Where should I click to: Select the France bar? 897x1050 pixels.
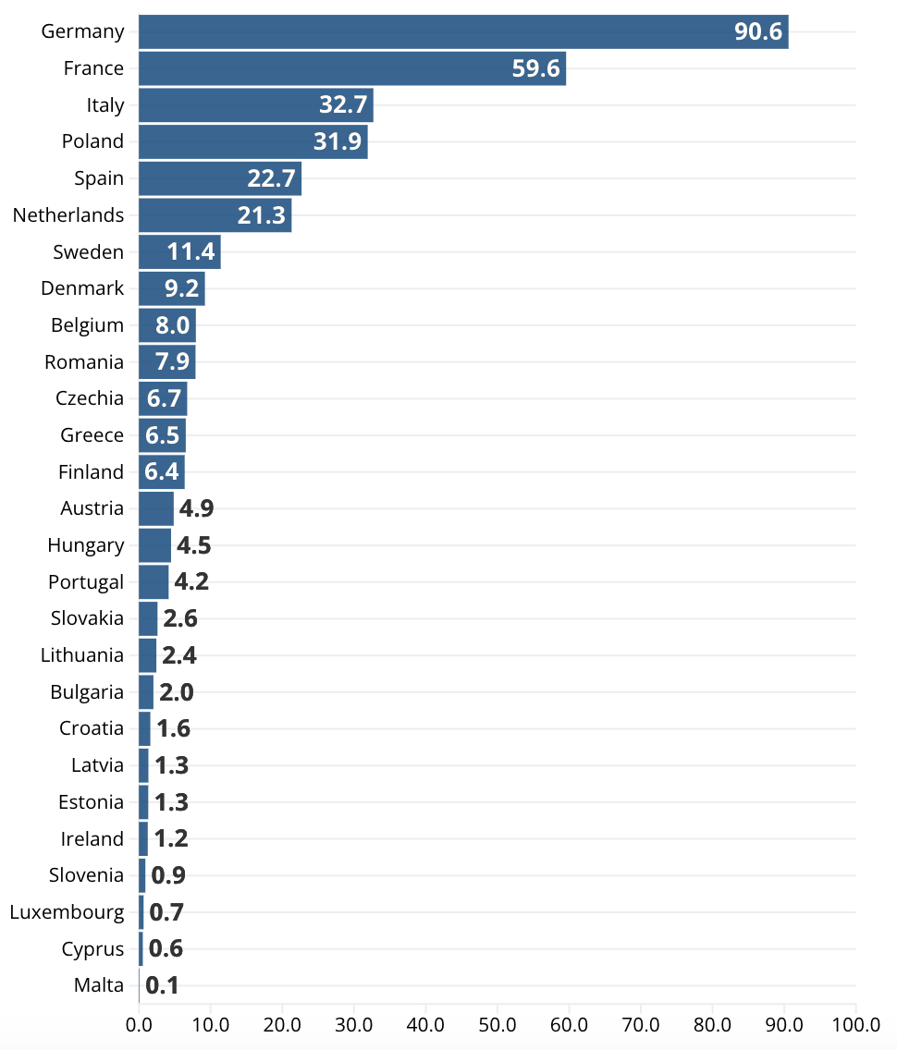coord(351,68)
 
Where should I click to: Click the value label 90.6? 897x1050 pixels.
coord(758,31)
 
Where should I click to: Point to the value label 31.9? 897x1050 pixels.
coord(338,141)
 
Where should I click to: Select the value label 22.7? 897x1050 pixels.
coord(271,178)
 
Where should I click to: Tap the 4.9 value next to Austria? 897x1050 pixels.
coord(196,508)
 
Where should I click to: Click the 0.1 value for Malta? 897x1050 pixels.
coord(162,985)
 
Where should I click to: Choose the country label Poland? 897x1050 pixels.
coord(92,141)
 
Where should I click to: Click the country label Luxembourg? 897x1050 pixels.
coord(67,912)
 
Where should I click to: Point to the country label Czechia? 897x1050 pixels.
coord(90,398)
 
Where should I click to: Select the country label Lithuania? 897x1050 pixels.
coord(82,655)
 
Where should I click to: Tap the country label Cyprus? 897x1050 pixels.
coord(92,949)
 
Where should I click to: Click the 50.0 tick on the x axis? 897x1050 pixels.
coord(497,1024)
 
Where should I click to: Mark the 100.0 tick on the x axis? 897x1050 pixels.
coord(855,1024)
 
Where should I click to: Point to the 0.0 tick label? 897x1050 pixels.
coord(139,1024)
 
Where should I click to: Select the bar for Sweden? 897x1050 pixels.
coord(179,251)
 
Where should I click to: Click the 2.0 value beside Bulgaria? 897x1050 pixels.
coord(177,692)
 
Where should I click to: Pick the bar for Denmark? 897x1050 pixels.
coord(171,288)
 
